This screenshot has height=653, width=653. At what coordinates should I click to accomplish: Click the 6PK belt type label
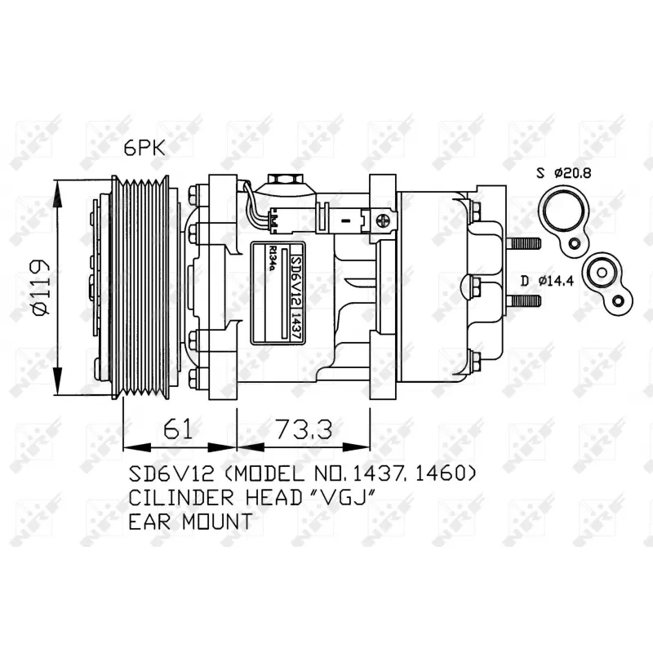tap(144, 147)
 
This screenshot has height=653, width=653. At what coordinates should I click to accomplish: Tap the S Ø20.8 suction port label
tap(562, 172)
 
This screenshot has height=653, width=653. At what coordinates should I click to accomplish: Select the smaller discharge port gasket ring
tap(602, 273)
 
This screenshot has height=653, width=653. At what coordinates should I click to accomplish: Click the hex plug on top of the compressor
tap(282, 180)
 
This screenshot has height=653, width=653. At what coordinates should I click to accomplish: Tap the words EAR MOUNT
tap(189, 522)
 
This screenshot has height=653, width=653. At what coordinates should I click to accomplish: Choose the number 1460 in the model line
tap(441, 473)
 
